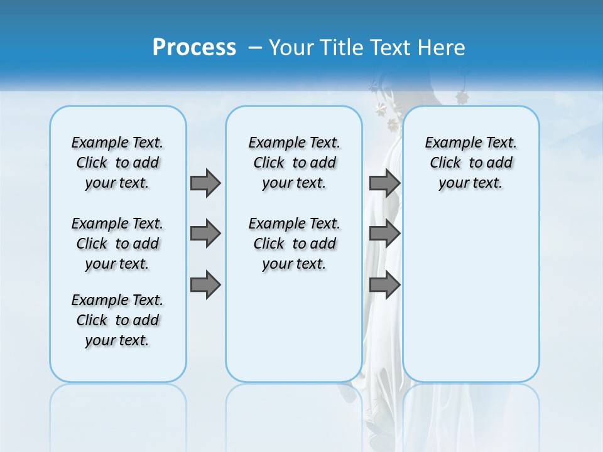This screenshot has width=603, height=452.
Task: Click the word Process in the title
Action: pyautogui.click(x=194, y=47)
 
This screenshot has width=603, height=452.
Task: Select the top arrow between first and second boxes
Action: pyautogui.click(x=205, y=183)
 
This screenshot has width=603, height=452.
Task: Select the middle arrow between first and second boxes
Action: pyautogui.click(x=205, y=234)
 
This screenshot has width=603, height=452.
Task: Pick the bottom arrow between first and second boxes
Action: pyautogui.click(x=205, y=285)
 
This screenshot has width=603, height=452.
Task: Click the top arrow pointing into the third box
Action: pyautogui.click(x=384, y=183)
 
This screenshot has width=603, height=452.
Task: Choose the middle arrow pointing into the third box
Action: pyautogui.click(x=384, y=234)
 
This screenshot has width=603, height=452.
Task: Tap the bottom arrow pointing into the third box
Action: pyautogui.click(x=384, y=285)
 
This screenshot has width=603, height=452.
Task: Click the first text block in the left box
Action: pyautogui.click(x=117, y=163)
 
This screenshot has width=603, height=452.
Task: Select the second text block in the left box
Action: pyautogui.click(x=117, y=244)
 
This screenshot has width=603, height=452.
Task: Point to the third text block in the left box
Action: pyautogui.click(x=117, y=320)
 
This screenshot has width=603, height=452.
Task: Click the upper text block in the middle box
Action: pyautogui.click(x=294, y=163)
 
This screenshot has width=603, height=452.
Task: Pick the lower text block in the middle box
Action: pyautogui.click(x=294, y=244)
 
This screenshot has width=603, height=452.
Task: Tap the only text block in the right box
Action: pyautogui.click(x=470, y=163)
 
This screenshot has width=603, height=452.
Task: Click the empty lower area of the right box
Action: pyautogui.click(x=470, y=295)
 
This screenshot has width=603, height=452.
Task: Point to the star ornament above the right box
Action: pyautogui.click(x=462, y=97)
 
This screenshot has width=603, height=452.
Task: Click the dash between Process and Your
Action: pyautogui.click(x=255, y=48)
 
